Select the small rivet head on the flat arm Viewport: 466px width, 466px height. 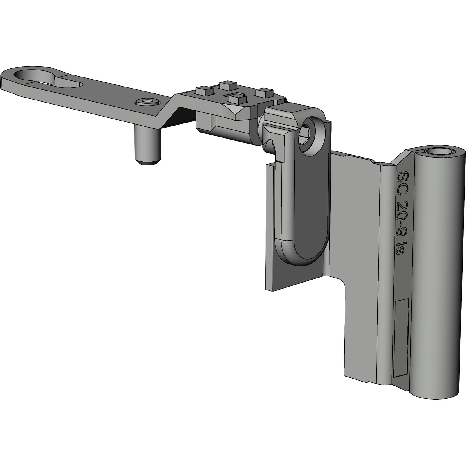(147, 102)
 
